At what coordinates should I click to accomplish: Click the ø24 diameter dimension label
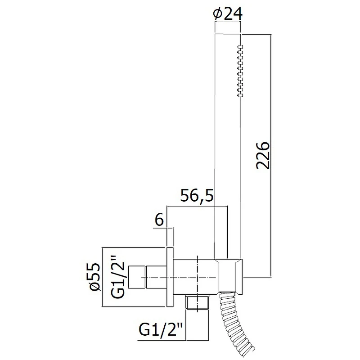(228, 14)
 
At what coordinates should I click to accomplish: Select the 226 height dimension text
(263, 156)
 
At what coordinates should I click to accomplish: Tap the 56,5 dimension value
(197, 195)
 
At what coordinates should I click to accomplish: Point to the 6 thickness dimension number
(159, 220)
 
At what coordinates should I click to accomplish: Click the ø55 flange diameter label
(95, 277)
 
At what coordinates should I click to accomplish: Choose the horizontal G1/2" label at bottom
(161, 330)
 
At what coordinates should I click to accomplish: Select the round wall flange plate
(170, 277)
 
